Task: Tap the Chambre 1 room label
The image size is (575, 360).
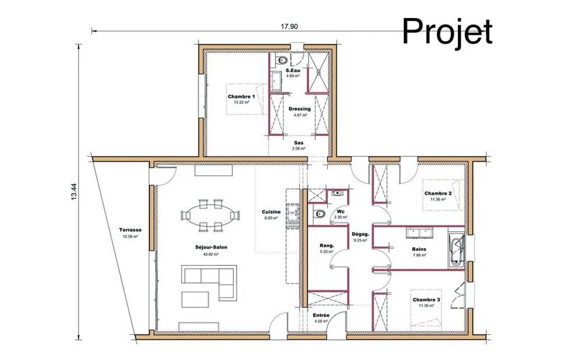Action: click(x=241, y=96)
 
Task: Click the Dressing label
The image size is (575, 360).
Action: click(x=299, y=109)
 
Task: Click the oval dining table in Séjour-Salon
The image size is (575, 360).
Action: click(x=211, y=216)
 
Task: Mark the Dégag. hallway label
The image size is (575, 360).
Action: click(x=360, y=234)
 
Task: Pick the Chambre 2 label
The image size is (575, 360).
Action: click(x=437, y=193)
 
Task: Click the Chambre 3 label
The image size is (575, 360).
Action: click(x=427, y=300)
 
